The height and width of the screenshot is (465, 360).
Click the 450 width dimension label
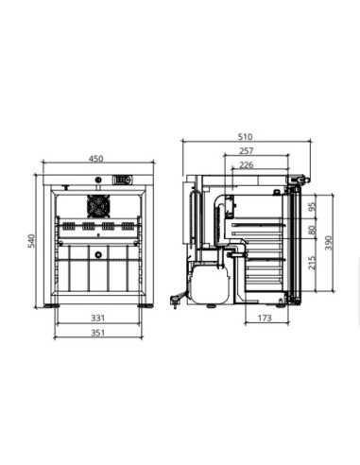click(x=95, y=159)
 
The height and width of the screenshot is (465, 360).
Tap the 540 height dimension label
click(x=31, y=241)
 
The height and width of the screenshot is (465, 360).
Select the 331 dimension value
click(x=97, y=318)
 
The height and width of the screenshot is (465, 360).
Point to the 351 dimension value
click(x=97, y=333)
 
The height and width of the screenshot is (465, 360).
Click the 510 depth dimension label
click(x=245, y=137)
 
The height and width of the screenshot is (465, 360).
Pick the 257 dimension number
click(x=246, y=151)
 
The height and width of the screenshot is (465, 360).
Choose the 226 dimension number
click(x=246, y=164)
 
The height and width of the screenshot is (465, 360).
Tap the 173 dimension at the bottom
click(x=265, y=318)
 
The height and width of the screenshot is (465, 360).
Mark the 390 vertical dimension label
click(x=328, y=243)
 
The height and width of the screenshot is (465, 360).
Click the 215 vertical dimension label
click(x=312, y=263)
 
